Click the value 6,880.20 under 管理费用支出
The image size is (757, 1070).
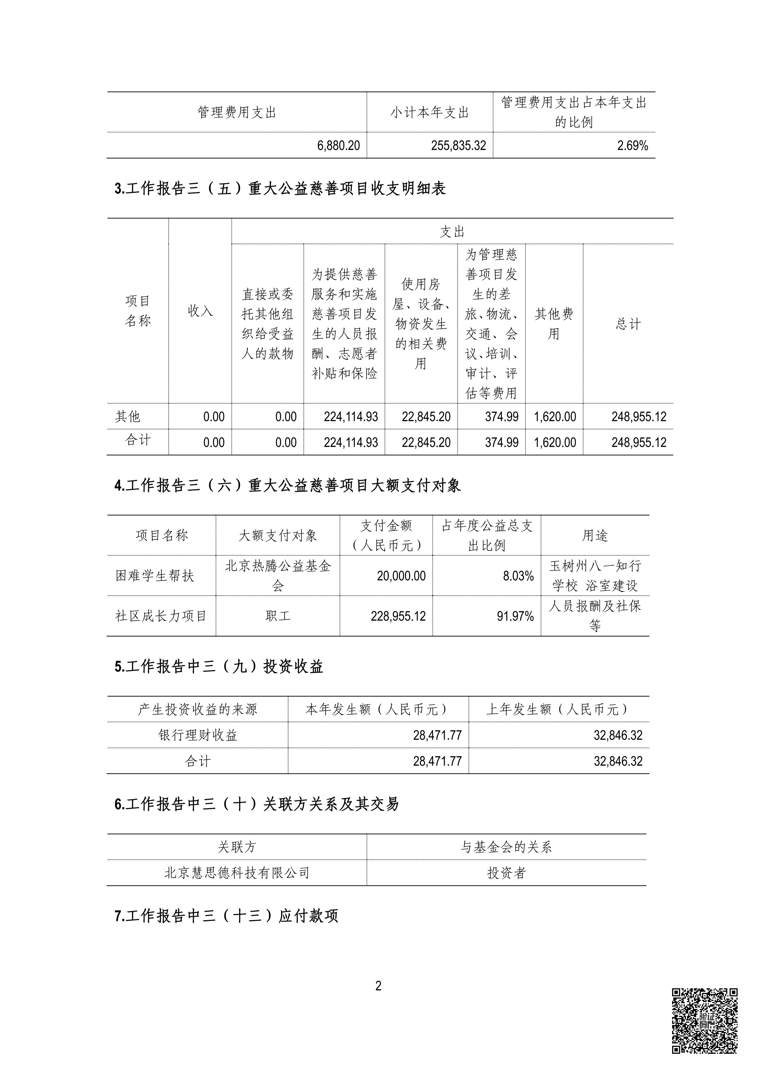[x=338, y=146]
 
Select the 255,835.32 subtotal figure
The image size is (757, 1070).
[x=458, y=146]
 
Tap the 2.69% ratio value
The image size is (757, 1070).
[x=633, y=146]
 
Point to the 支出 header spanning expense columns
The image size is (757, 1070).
[x=452, y=232]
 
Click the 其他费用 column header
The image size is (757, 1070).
[x=554, y=323]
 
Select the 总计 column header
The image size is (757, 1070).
[x=628, y=323]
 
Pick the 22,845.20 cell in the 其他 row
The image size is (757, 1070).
[x=426, y=417]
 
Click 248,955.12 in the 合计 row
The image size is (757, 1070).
[x=639, y=442]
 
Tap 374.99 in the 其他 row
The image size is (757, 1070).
[x=502, y=417]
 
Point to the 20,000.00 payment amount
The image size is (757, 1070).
[x=401, y=576]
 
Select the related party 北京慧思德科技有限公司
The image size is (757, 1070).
[x=237, y=873]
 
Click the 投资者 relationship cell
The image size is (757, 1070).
[x=506, y=873]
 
